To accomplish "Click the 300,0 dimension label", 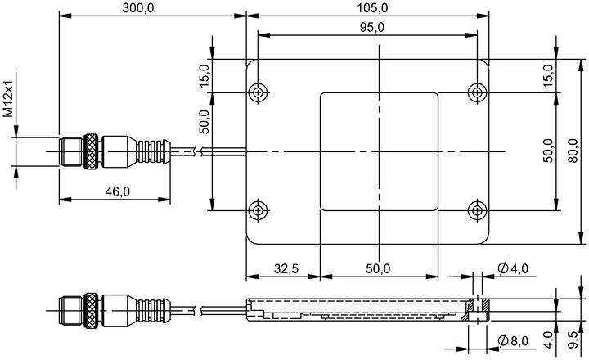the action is pos(138,8).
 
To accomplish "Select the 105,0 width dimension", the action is pos(372,8).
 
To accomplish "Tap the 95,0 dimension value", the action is pos(372,28).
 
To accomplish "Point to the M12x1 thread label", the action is pos(8,94).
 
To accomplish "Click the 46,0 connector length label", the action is pos(117,192).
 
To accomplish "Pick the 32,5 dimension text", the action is pos(286,268).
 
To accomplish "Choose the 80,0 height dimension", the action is pos(573,151).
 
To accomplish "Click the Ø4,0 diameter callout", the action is pos(513,268).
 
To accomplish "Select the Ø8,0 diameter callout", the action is pos(513,341).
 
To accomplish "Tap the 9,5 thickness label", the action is pos(573,340).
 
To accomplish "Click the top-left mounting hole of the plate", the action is pos(258,92).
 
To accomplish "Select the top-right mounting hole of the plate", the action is pos(478,92).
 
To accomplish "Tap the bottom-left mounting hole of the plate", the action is pos(258,210).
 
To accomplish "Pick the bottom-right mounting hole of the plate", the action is pos(478,210).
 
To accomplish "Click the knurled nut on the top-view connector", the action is pos(90,151).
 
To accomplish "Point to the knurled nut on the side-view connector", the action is pos(90,311).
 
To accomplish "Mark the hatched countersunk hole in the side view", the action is pos(478,310).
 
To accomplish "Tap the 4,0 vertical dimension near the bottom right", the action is pos(549,340).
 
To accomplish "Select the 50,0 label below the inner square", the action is pos(378,268).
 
